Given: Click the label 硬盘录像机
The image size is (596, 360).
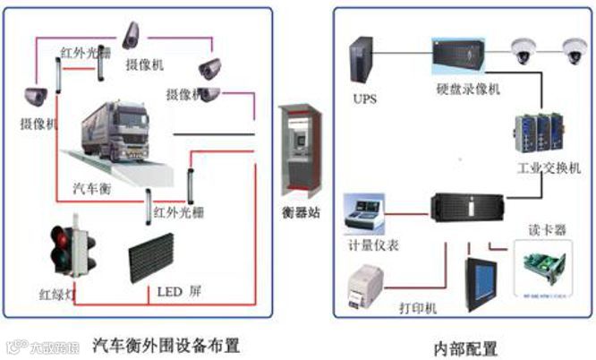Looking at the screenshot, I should tap(468, 90).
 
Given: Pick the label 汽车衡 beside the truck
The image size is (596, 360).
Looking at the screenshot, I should tap(93, 190).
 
